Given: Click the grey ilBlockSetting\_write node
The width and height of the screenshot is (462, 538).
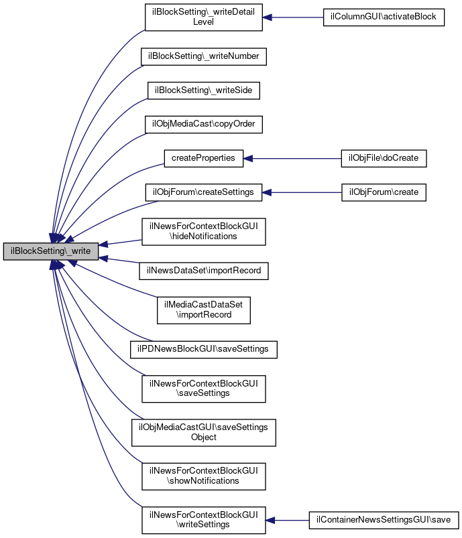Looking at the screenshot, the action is pyautogui.click(x=51, y=251).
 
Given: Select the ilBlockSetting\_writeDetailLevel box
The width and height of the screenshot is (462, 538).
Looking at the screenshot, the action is pyautogui.click(x=204, y=17).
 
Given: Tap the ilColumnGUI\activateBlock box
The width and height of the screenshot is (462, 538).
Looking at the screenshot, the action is pyautogui.click(x=384, y=17).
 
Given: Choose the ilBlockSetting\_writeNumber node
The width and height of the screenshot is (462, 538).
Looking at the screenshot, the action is pyautogui.click(x=204, y=56).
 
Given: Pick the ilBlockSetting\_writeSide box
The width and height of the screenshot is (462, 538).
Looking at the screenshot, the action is pyautogui.click(x=204, y=90).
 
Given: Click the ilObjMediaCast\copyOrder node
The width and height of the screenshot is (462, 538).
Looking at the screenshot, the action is pyautogui.click(x=204, y=124).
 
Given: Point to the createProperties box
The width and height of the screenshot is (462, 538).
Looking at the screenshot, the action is pyautogui.click(x=204, y=159).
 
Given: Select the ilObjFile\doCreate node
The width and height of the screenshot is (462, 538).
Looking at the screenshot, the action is pyautogui.click(x=384, y=159).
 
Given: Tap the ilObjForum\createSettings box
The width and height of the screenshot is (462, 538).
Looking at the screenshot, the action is pyautogui.click(x=204, y=192).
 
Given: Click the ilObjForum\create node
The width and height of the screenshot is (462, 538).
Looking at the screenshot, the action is pyautogui.click(x=384, y=192).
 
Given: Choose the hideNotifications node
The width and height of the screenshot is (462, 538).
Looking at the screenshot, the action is pyautogui.click(x=204, y=232).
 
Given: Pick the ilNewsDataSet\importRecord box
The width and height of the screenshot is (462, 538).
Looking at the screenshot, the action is pyautogui.click(x=204, y=271).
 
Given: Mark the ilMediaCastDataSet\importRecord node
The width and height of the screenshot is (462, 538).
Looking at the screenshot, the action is pyautogui.click(x=204, y=310).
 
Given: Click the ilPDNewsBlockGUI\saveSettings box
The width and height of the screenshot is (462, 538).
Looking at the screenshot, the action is pyautogui.click(x=204, y=350).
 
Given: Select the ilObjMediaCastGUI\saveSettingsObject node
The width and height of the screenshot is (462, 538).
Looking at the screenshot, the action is pyautogui.click(x=204, y=433).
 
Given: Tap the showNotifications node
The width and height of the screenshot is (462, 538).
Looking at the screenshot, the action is pyautogui.click(x=204, y=476).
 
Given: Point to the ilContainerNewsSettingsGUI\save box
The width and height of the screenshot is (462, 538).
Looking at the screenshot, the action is pyautogui.click(x=384, y=520).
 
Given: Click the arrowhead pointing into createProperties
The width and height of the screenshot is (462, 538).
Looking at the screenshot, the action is pyautogui.click(x=248, y=159).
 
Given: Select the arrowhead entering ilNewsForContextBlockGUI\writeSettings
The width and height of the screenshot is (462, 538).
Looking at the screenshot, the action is pyautogui.click(x=270, y=520).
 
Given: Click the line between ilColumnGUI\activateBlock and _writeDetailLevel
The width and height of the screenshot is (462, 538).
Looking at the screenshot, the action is pyautogui.click(x=292, y=17).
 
